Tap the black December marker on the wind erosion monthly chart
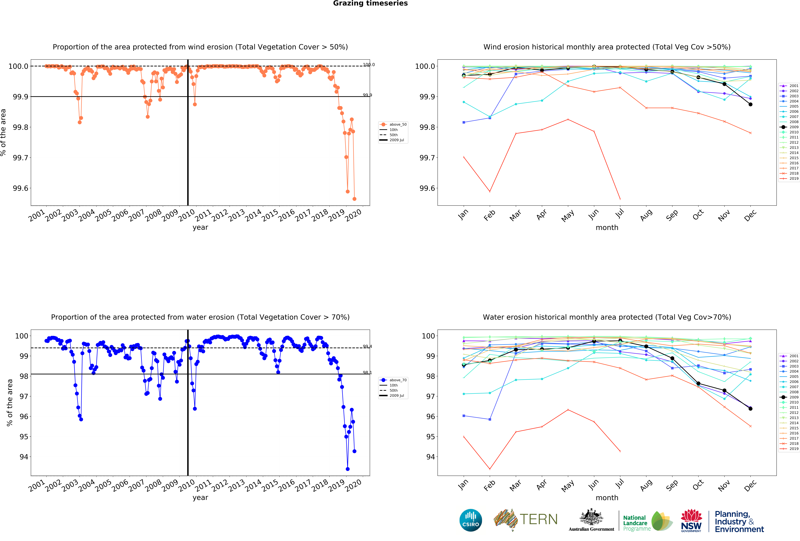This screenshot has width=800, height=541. pyautogui.click(x=750, y=104)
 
